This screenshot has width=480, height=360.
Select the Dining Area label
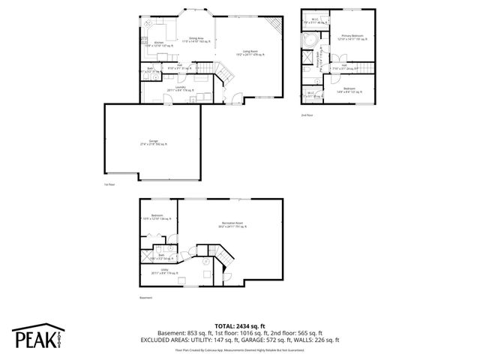[199, 39]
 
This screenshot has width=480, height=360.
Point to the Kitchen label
[159, 44]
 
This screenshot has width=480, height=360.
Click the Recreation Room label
[232, 224]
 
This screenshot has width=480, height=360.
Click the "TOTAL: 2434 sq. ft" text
[240, 326]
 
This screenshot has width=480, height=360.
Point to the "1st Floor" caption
[110, 184]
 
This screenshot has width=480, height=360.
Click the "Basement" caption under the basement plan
[145, 298]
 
